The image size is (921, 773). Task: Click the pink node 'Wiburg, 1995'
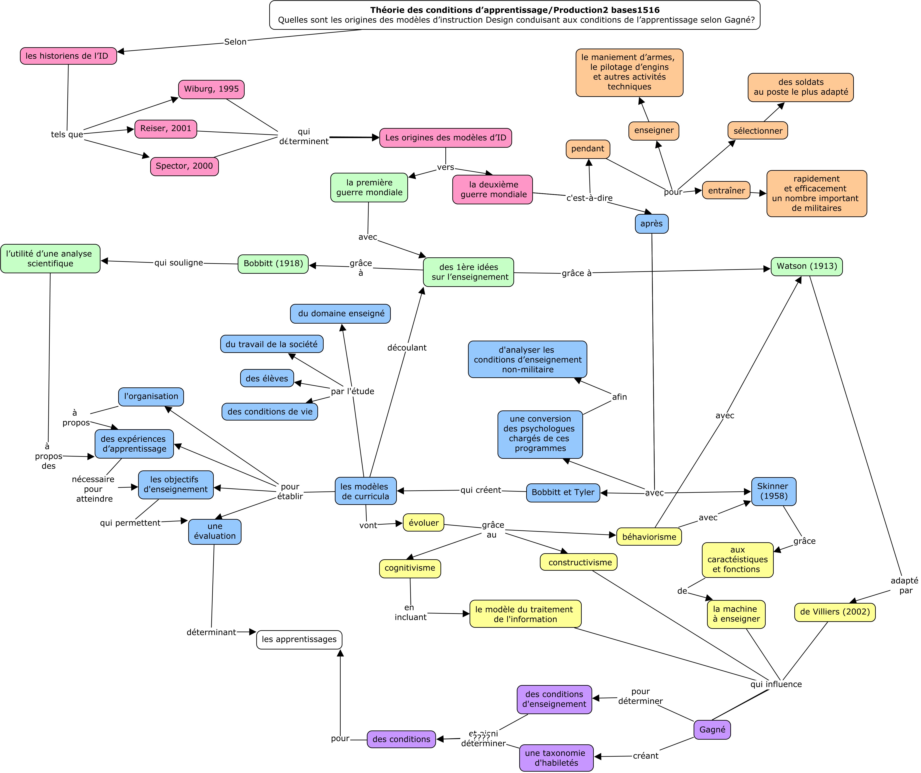(x=211, y=90)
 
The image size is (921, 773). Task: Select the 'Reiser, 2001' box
(x=166, y=129)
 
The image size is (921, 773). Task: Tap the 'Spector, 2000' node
(x=184, y=167)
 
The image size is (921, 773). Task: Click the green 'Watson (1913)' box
(x=807, y=267)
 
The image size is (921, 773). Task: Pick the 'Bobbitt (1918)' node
(x=273, y=264)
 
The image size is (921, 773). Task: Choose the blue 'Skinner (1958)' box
(x=774, y=491)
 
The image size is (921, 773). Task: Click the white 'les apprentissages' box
(x=299, y=640)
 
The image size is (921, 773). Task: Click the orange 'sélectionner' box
(x=758, y=131)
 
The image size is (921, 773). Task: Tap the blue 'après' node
(x=652, y=224)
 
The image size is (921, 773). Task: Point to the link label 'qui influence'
(x=776, y=684)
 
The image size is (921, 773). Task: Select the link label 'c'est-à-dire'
(x=590, y=198)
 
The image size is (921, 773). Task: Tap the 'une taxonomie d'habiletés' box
(x=556, y=758)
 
